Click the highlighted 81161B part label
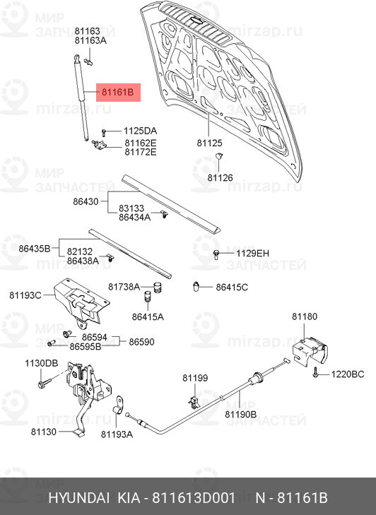118,93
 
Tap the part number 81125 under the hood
210,143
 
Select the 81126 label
220,178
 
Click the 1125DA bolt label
141,131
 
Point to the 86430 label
86,201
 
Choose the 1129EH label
252,253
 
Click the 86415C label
232,287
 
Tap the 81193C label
25,295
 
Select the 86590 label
141,342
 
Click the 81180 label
305,316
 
